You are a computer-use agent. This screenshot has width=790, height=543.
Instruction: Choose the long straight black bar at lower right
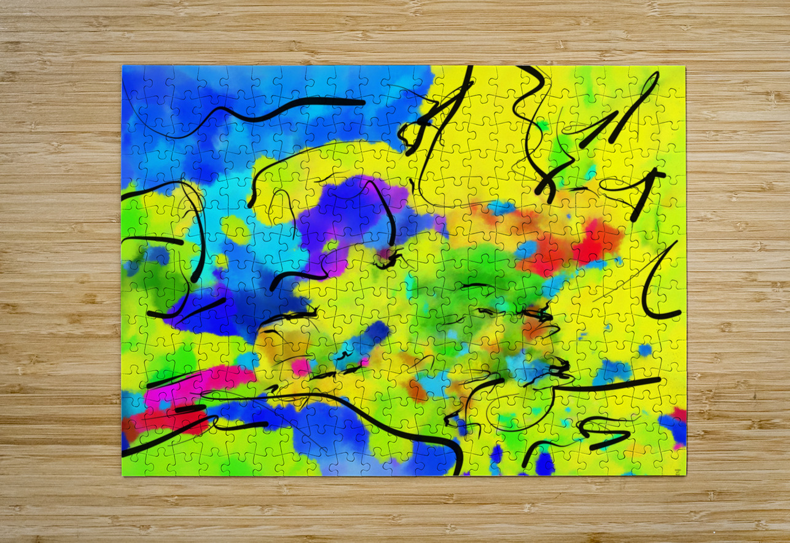[x=614, y=385]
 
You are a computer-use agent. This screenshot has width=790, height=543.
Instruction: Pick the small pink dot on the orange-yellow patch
[x=299, y=367]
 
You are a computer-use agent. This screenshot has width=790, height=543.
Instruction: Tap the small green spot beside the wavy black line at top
[x=541, y=125]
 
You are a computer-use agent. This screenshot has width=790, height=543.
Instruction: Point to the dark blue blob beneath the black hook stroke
[x=544, y=464]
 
